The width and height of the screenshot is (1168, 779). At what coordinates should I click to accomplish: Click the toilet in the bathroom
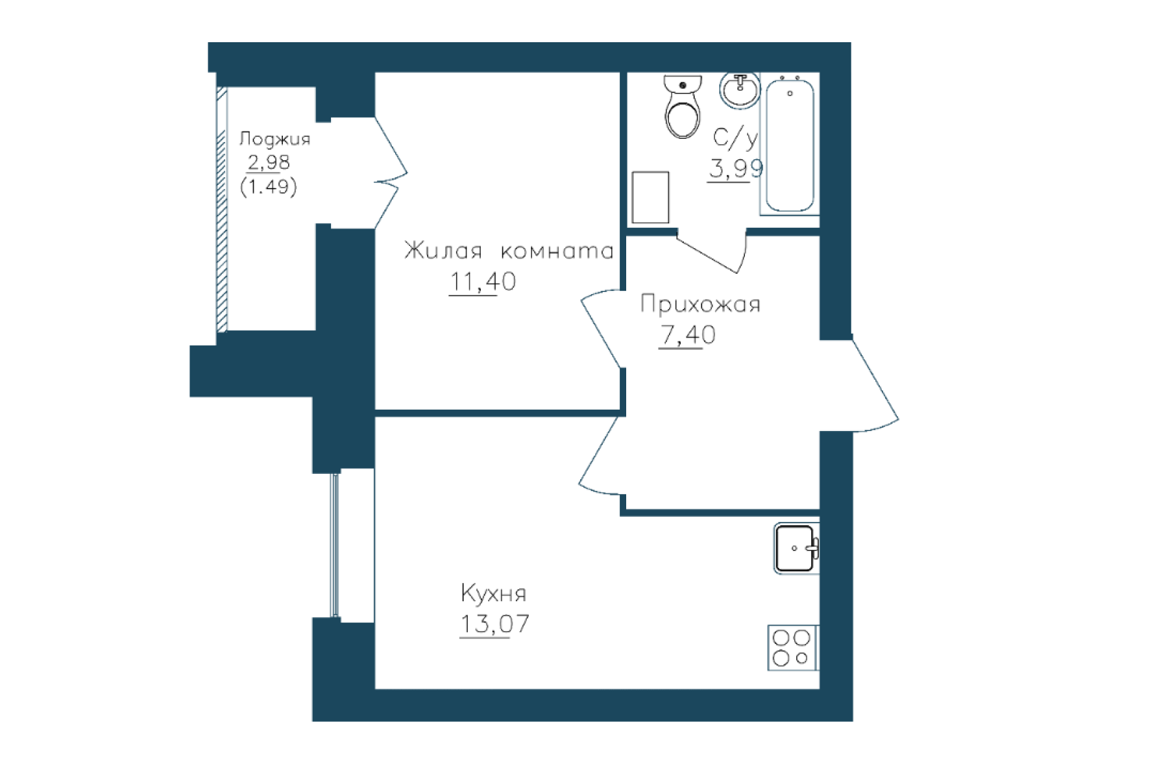click(x=683, y=107)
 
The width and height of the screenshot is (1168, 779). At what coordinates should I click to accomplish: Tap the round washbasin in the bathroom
click(x=740, y=90)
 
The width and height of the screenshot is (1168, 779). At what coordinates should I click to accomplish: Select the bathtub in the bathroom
click(x=790, y=145)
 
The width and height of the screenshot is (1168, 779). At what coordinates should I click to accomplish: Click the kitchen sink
click(x=796, y=549)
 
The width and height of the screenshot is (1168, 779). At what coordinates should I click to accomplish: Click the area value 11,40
click(x=483, y=282)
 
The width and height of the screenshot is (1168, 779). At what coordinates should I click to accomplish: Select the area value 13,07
click(x=494, y=624)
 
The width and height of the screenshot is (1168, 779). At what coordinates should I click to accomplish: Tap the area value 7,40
click(x=688, y=335)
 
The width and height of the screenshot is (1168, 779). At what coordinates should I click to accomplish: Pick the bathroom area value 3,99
click(x=736, y=169)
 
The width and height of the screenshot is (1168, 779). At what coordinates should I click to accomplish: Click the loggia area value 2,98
click(x=269, y=162)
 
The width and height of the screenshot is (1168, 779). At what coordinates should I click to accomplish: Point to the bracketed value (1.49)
click(x=269, y=187)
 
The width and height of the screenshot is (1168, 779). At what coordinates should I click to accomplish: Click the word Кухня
click(x=494, y=593)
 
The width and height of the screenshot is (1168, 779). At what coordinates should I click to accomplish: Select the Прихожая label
click(x=700, y=304)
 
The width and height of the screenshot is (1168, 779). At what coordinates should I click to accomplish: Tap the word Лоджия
click(x=274, y=139)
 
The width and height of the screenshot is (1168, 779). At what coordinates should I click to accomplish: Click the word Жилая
click(x=443, y=251)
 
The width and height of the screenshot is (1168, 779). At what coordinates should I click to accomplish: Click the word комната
click(x=557, y=251)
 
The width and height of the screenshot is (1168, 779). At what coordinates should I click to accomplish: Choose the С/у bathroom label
click(x=735, y=138)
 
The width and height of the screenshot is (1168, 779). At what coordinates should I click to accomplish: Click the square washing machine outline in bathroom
click(x=651, y=197)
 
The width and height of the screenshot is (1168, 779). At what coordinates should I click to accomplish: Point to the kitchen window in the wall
click(x=335, y=545)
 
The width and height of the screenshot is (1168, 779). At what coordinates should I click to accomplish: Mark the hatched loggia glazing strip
click(x=222, y=210)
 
